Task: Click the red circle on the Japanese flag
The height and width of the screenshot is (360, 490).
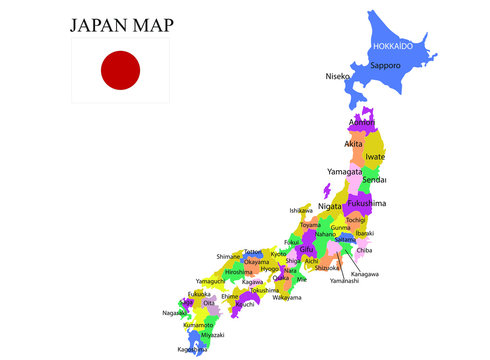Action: click(120, 70)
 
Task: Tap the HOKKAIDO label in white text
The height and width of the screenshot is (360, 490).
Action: click(393, 47)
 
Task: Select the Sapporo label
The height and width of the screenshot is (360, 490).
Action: click(385, 65)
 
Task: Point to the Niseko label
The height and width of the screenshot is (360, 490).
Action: click(338, 76)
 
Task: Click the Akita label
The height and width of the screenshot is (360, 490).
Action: click(354, 144)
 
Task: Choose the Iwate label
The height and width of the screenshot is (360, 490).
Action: click(375, 157)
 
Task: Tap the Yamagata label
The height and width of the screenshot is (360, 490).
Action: click(345, 172)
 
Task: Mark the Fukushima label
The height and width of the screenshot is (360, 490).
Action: click(365, 203)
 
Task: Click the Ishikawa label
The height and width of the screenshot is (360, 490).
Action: click(301, 211)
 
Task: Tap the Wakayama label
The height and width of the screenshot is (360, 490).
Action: click(287, 297)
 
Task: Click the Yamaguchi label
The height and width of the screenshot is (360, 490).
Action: click(211, 281)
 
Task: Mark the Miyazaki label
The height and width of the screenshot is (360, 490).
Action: click(212, 334)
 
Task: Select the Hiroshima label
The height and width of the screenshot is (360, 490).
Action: click(238, 272)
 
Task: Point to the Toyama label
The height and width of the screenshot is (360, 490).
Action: click(310, 225)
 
